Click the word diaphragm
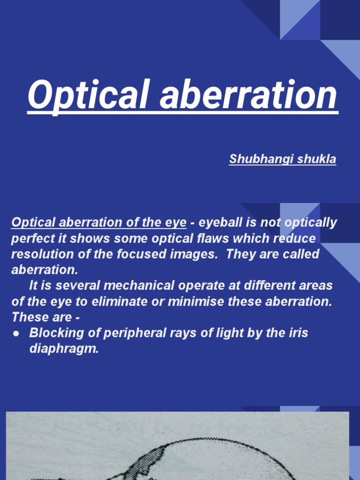tap(64, 349)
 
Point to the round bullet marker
tap(16, 333)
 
